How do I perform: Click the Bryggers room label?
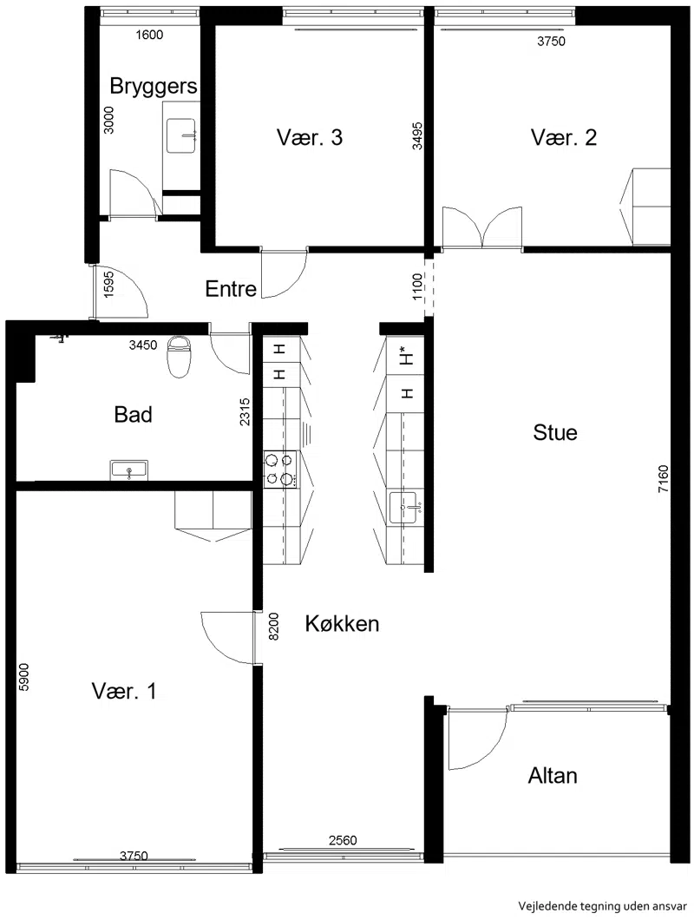click(x=154, y=86)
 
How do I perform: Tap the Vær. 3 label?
click(x=309, y=137)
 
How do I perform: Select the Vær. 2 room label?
click(x=564, y=137)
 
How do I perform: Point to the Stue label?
click(x=555, y=432)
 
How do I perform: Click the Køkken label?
click(x=342, y=623)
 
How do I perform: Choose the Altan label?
click(x=553, y=776)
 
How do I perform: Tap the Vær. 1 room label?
click(x=124, y=691)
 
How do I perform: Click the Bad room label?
click(x=134, y=414)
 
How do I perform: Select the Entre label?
click(x=231, y=289)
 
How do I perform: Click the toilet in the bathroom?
click(x=180, y=356)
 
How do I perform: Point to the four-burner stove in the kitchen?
click(x=279, y=468)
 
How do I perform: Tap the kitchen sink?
click(x=405, y=507)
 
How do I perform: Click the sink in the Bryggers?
click(x=180, y=135)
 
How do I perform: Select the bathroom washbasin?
click(x=129, y=470)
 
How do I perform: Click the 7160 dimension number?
click(x=663, y=479)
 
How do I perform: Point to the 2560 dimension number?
click(x=343, y=840)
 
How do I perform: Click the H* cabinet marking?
click(x=406, y=356)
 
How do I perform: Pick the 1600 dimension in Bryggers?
click(x=149, y=36)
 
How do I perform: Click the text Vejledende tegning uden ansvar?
click(x=602, y=906)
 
